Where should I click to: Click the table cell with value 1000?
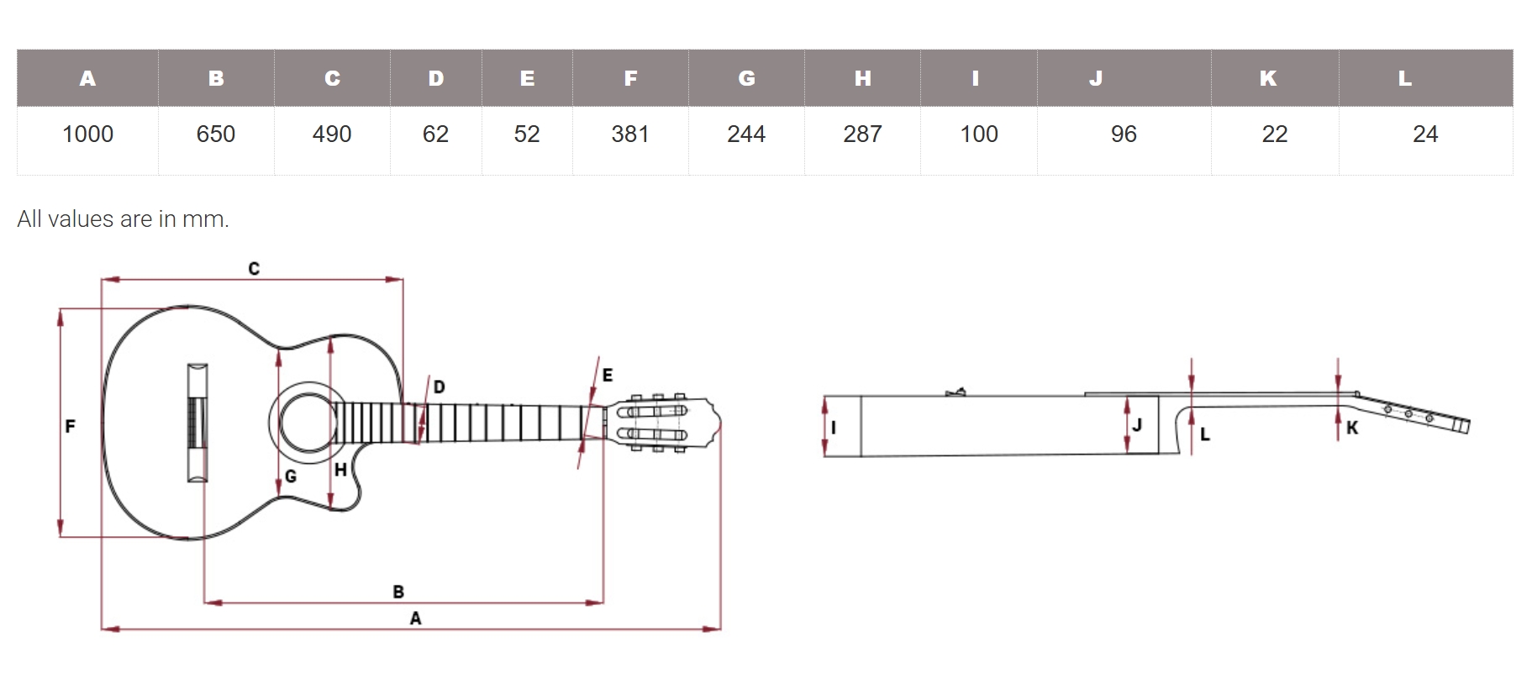click(87, 134)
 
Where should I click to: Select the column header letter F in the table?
click(630, 78)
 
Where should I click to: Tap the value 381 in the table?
click(630, 134)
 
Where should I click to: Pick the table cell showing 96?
click(1124, 134)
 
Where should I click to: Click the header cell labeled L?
click(1404, 78)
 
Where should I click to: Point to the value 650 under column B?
click(215, 134)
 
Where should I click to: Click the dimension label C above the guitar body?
click(254, 268)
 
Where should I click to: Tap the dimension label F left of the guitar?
click(70, 426)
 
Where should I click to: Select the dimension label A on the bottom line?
click(415, 619)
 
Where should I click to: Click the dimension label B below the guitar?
click(398, 592)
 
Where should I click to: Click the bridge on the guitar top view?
click(197, 423)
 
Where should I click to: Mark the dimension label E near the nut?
click(608, 375)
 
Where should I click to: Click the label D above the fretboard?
click(439, 387)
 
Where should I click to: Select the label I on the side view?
click(834, 427)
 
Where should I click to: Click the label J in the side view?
click(1137, 424)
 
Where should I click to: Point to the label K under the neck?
click(1352, 428)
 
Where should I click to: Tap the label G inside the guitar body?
click(291, 476)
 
